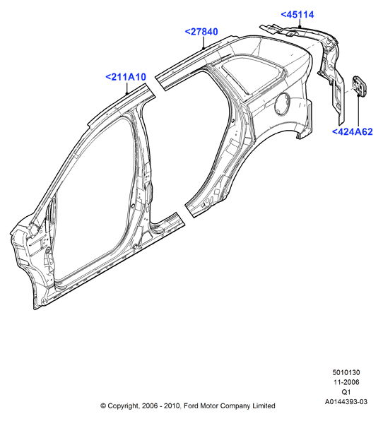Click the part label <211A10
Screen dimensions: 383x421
tap(126, 77)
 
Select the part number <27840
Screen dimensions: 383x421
tap(201, 32)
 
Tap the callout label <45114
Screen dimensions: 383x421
tap(297, 15)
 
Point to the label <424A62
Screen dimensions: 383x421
tap(353, 132)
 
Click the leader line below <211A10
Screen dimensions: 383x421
tap(127, 88)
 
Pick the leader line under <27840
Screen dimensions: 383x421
tap(204, 42)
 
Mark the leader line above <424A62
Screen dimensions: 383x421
tap(358, 111)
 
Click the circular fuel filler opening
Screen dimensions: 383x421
tap(282, 104)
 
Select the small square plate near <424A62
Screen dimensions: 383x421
tap(360, 85)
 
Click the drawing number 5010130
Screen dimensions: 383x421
tap(346, 372)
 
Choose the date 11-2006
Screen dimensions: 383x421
tap(346, 382)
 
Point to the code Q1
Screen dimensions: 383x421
tap(346, 392)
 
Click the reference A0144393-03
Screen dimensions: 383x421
tap(346, 402)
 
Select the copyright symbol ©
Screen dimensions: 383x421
tap(103, 406)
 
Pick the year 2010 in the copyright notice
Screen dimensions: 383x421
tap(173, 405)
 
